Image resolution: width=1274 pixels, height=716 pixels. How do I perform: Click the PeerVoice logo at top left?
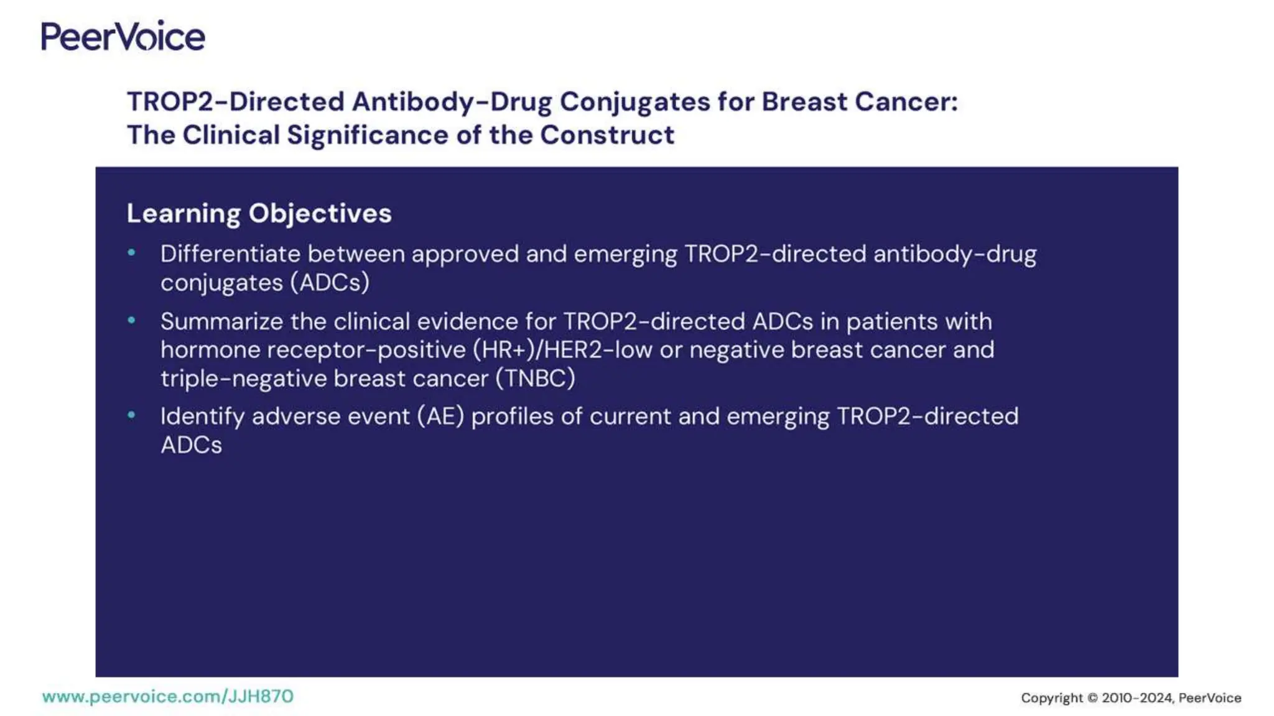123,36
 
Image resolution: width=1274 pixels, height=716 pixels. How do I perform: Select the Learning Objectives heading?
259,213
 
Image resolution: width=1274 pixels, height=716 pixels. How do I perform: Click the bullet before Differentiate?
131,252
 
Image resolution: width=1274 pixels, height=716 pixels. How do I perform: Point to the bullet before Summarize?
131,320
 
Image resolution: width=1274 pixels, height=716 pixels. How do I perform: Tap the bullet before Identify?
131,415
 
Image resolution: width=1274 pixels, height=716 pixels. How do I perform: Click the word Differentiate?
230,254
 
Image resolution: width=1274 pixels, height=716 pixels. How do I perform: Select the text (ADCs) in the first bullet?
330,283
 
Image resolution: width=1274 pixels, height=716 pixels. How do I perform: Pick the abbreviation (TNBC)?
535,379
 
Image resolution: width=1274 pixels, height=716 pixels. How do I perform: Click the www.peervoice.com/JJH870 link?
167,696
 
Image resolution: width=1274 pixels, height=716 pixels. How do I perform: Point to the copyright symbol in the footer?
1092,698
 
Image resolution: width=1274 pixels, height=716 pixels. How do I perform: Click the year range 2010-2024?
1137,698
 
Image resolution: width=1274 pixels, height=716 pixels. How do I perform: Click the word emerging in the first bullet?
625,255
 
